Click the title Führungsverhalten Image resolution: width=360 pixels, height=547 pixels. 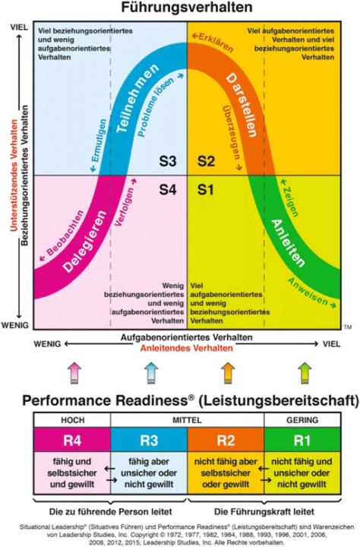coord(187,8)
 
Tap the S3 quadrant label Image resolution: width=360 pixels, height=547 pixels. coord(168,161)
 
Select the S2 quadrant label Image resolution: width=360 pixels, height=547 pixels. coord(206,161)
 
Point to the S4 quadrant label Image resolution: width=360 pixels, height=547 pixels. coord(168,189)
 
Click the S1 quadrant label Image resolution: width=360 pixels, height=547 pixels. coord(205,189)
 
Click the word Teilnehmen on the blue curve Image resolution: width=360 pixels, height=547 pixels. coord(137,98)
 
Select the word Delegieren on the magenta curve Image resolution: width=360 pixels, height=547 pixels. coord(85,241)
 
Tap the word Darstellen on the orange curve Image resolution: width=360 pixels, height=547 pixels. coord(242,105)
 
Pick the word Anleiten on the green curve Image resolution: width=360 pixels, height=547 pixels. coord(288,242)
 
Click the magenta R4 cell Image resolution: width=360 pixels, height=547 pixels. coord(72,440)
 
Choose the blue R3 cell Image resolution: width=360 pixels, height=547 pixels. coord(149,440)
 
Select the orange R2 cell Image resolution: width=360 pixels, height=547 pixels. coord(226,440)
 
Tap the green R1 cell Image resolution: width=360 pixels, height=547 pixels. coord(302,440)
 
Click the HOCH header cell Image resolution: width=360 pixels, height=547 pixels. coord(72,420)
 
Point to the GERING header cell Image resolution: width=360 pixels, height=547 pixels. coord(302,420)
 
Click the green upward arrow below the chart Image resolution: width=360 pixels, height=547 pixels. coord(305,373)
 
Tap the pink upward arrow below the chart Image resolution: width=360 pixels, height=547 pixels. coord(74,373)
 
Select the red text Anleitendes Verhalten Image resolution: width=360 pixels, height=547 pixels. coord(187,348)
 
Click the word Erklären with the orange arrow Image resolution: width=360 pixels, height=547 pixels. coord(212,43)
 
